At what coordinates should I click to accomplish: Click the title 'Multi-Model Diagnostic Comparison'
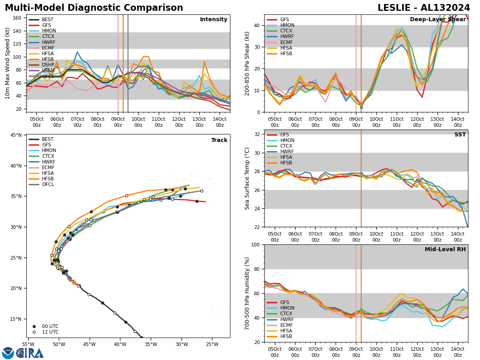pos(94,8)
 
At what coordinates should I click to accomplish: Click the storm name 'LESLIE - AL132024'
pos(424,8)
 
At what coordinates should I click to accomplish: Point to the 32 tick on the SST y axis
pos(258,134)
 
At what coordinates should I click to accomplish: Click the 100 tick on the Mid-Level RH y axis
pos(256,244)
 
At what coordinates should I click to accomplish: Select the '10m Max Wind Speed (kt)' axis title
pos(8,63)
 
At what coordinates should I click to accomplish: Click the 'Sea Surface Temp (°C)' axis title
pos(247,178)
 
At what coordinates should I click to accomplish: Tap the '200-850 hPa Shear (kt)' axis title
pos(247,64)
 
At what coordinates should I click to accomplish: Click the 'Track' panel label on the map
pos(219,140)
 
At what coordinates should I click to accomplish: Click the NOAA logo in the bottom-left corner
pos(8,353)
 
